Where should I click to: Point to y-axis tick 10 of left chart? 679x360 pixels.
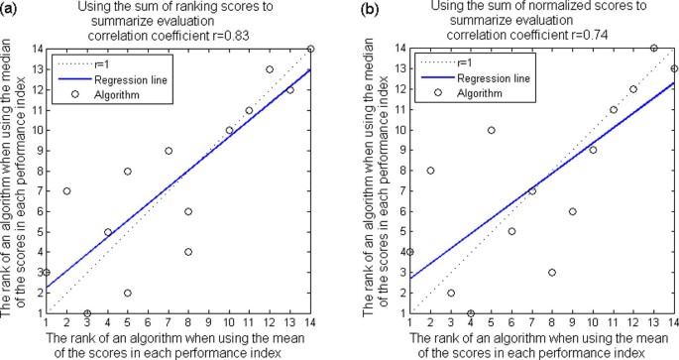tap(35, 130)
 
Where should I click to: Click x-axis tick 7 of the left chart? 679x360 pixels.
tap(169, 322)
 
